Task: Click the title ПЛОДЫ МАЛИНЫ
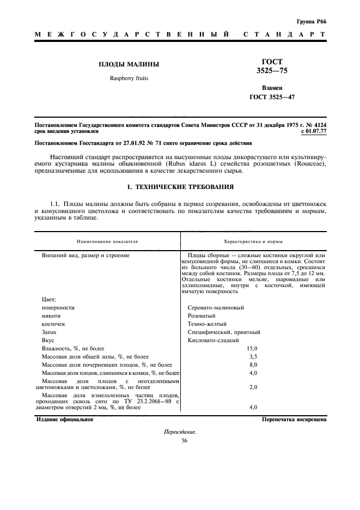click(129, 64)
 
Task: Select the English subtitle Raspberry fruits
click(129, 78)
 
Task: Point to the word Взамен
click(272, 87)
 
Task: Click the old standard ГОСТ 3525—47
click(272, 97)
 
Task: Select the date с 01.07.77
click(313, 131)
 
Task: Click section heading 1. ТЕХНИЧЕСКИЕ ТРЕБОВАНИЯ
click(180, 187)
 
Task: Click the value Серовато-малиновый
click(216, 307)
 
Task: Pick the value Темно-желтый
click(207, 324)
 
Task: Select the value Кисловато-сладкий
click(213, 340)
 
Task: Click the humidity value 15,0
click(252, 348)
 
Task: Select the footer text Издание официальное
click(64, 420)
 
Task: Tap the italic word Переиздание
click(180, 432)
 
